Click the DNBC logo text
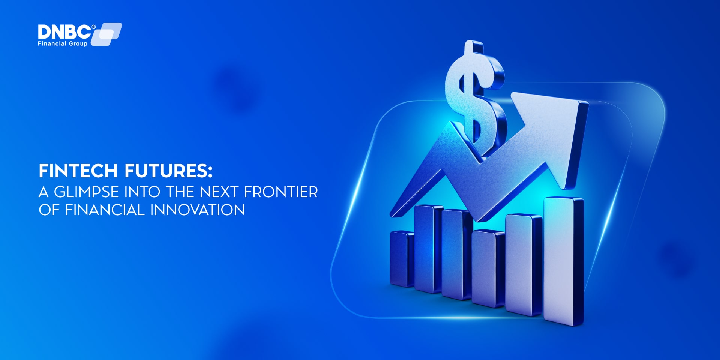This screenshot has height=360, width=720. click(64, 32)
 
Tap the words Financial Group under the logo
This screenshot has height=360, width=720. click(63, 44)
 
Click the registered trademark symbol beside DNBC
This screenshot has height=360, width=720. click(94, 27)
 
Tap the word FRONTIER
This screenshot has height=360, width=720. click(281, 192)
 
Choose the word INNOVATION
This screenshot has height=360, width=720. click(198, 210)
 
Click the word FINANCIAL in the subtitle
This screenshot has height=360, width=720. click(105, 210)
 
